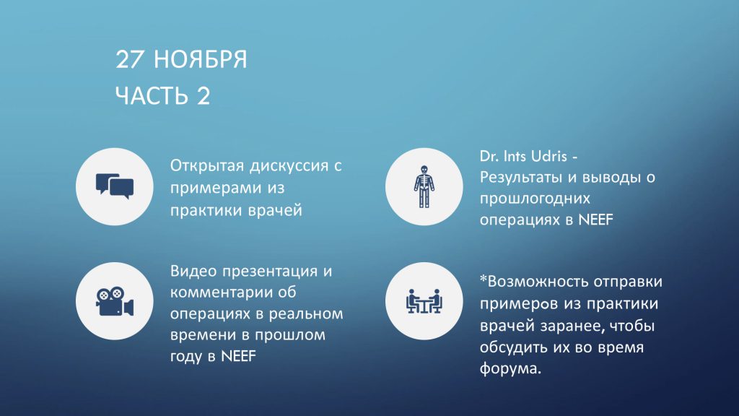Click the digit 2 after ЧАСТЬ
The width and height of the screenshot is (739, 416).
(x=204, y=96)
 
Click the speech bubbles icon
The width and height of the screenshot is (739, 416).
(x=115, y=186)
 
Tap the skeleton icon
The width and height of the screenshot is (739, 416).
(x=424, y=186)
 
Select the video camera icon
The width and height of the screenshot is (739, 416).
(x=115, y=301)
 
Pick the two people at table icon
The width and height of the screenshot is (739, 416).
(x=424, y=301)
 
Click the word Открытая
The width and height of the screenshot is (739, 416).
(x=207, y=166)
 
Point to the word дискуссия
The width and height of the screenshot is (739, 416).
(x=290, y=166)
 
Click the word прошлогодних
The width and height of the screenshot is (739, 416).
(x=535, y=199)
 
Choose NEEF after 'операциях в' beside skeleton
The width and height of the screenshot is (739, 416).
(x=595, y=220)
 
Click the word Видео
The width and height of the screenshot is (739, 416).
(x=193, y=272)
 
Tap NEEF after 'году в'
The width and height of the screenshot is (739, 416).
(x=238, y=356)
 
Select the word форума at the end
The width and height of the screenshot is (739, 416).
(x=508, y=368)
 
